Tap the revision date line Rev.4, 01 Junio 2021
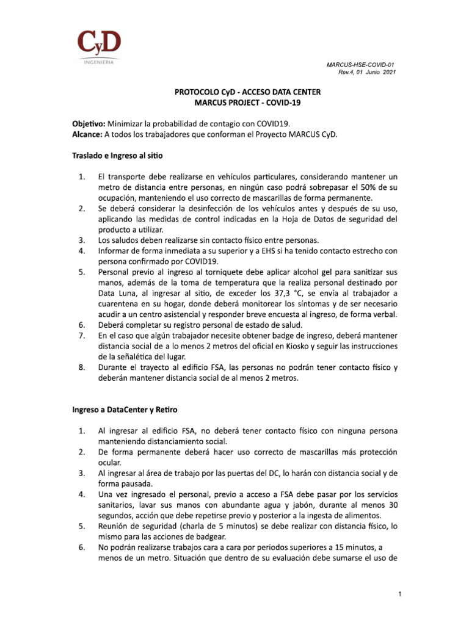366,73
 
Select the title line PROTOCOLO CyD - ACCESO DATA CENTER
247,92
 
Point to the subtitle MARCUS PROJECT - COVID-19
247,103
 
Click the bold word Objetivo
89,123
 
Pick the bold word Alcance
87,134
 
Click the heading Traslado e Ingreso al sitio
117,156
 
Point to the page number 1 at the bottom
398,594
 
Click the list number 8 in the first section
81,367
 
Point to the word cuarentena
121,303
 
